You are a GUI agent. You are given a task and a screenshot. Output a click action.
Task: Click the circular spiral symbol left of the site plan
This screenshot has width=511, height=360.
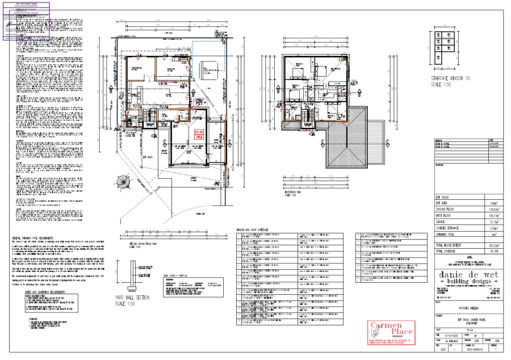point(123,183)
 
